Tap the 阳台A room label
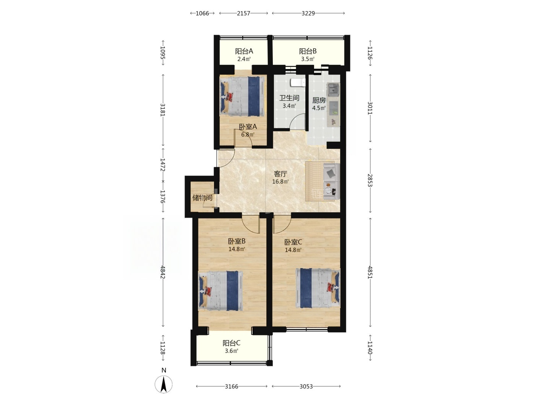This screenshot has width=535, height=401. coord(244,52)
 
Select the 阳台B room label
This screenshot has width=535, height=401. coord(308,52)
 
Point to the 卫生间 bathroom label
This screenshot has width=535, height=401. coord(289,98)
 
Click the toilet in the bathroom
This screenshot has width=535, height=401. coord(298,82)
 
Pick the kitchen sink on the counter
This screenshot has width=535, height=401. coord(333,89)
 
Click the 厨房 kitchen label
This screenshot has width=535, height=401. coord(319,100)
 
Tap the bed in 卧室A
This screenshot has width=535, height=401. coord(242,96)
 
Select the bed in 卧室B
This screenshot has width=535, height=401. coord(221,291)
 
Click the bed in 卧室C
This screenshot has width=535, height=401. coord(318,288)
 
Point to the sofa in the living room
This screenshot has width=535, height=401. coord(331,181)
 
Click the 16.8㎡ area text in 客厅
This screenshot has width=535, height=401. coord(280,182)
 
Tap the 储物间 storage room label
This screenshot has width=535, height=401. coord(202,198)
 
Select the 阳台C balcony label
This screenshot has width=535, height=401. coord(232,343)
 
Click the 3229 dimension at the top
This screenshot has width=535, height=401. coord(308,13)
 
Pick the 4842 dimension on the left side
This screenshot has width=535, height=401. coord(163,272)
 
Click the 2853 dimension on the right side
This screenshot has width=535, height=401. coord(370,180)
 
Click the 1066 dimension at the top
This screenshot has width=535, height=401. coord(202,13)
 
